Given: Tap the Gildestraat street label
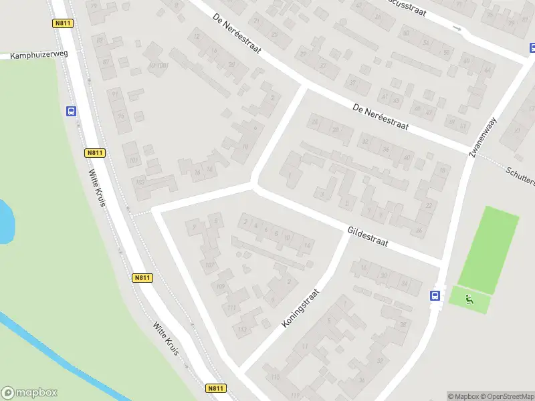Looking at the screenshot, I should (368, 237).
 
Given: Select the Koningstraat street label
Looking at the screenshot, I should (302, 307).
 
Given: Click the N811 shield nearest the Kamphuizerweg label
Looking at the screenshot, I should (62, 23).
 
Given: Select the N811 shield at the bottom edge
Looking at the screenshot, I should (215, 388).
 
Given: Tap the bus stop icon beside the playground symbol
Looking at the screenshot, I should (435, 295).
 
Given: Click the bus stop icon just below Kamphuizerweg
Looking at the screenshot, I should (71, 112).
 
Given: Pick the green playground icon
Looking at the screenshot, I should (469, 300).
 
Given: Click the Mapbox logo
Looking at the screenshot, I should (29, 393).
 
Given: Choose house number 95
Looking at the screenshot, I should (120, 116).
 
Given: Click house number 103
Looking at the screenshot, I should (140, 182).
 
